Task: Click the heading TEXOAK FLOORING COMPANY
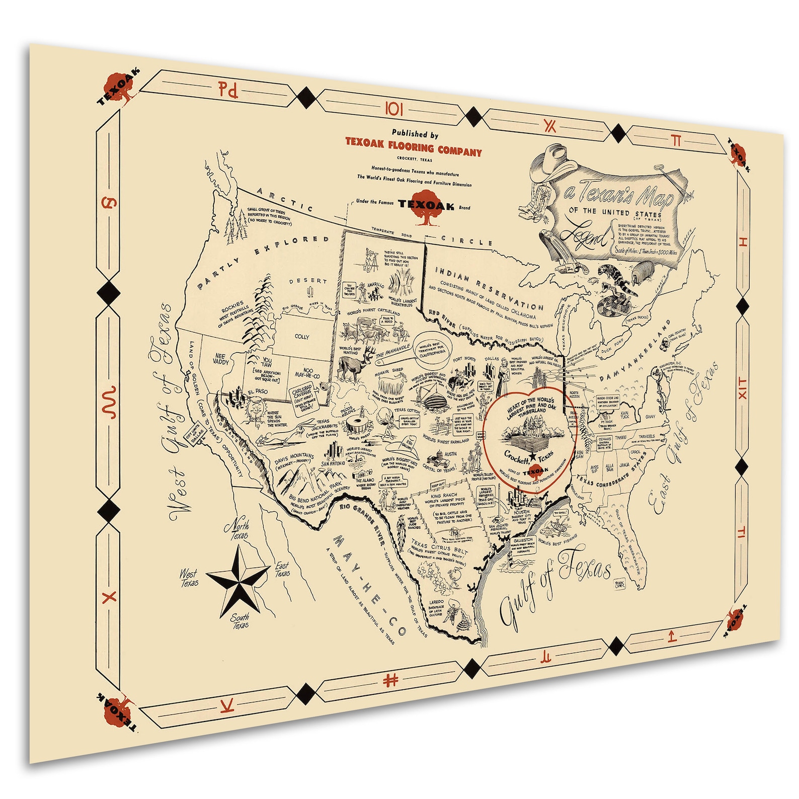click(413, 147)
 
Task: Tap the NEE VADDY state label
click(220, 359)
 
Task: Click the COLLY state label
click(302, 337)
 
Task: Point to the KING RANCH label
click(443, 495)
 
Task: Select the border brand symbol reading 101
click(394, 109)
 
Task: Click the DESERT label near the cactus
click(308, 281)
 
